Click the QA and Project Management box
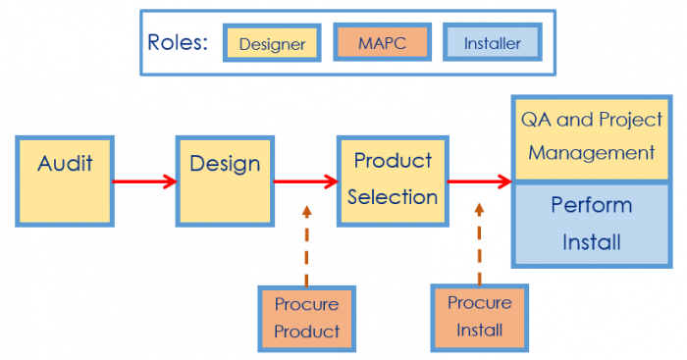[591, 137]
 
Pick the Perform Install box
[591, 224]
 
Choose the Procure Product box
[306, 318]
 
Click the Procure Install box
[479, 317]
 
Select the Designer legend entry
[272, 43]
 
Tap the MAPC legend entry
[382, 43]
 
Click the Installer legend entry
[492, 43]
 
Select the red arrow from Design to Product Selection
[305, 180]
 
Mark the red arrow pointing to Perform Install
[479, 180]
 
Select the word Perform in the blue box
[591, 206]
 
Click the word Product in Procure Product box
[306, 332]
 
